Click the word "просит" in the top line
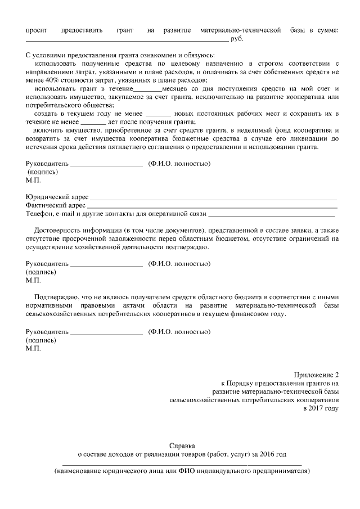tap(37, 30)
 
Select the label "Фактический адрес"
tap(56, 206)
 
